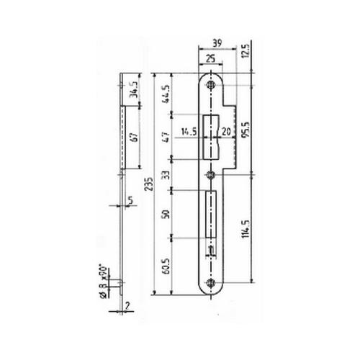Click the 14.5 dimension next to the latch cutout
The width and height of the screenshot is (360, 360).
pyautogui.click(x=189, y=132)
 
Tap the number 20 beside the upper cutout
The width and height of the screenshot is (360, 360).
pyautogui.click(x=228, y=132)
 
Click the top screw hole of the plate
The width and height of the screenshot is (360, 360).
pyautogui.click(x=211, y=86)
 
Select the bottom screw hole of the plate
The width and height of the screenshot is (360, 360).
pyautogui.click(x=211, y=284)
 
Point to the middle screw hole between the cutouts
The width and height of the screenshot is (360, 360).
pyautogui.click(x=211, y=175)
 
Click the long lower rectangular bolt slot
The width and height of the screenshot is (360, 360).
pyautogui.click(x=211, y=216)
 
